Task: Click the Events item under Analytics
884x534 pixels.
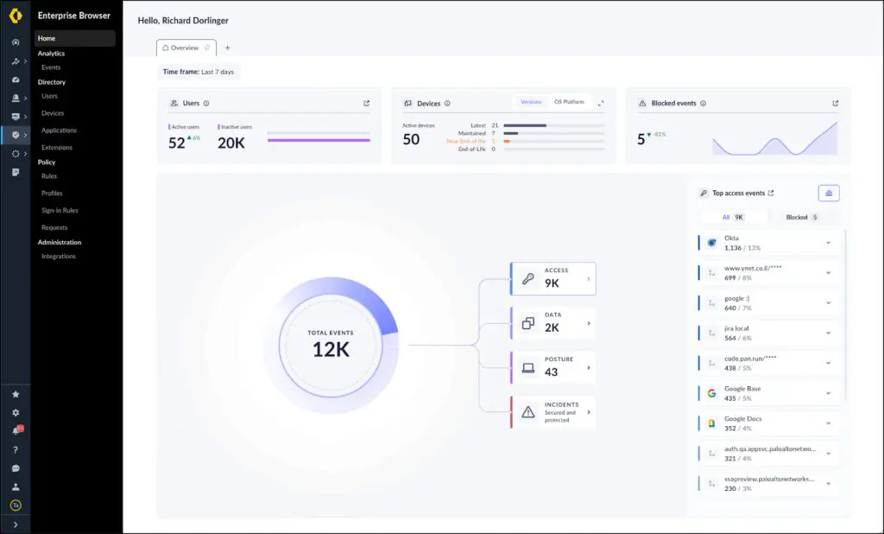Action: [x=51, y=67]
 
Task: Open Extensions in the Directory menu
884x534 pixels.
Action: [x=57, y=148]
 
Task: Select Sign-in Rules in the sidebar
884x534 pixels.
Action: [x=60, y=211]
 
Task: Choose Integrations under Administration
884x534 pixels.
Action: [x=59, y=257]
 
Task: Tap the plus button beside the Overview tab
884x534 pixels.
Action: [x=228, y=48]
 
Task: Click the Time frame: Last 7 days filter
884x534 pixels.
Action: [x=199, y=72]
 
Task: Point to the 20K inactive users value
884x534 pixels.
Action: [x=231, y=143]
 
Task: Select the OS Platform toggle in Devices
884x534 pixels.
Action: [x=569, y=102]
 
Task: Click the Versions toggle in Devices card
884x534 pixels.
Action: [x=531, y=102]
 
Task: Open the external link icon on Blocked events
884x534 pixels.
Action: [x=835, y=104]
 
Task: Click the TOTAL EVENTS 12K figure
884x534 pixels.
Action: [x=331, y=344]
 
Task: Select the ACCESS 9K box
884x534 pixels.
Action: [x=553, y=278]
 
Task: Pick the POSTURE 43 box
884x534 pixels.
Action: [x=553, y=367]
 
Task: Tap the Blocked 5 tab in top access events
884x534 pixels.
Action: [x=802, y=218]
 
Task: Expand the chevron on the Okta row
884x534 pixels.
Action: [x=828, y=243]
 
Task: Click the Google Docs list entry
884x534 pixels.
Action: [x=742, y=423]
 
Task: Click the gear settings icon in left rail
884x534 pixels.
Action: [x=16, y=413]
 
